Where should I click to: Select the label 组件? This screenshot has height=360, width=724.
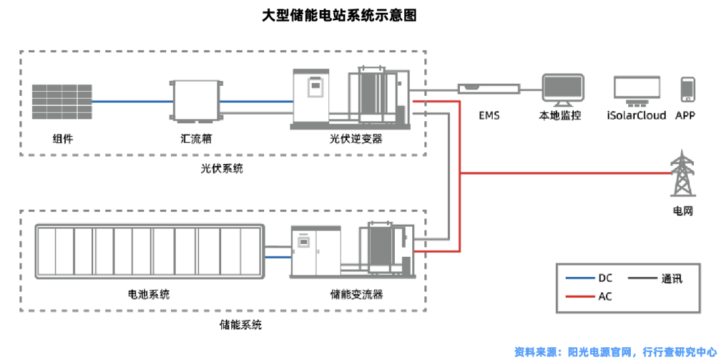(x=62, y=139)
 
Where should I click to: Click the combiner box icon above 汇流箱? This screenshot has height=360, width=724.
(x=195, y=102)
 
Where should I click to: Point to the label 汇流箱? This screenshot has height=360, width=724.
(x=195, y=139)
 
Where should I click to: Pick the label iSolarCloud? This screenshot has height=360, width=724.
(x=636, y=115)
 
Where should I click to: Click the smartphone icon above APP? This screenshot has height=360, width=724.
(x=688, y=91)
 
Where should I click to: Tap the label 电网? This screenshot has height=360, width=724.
(x=682, y=211)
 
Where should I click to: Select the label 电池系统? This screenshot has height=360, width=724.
(x=148, y=294)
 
